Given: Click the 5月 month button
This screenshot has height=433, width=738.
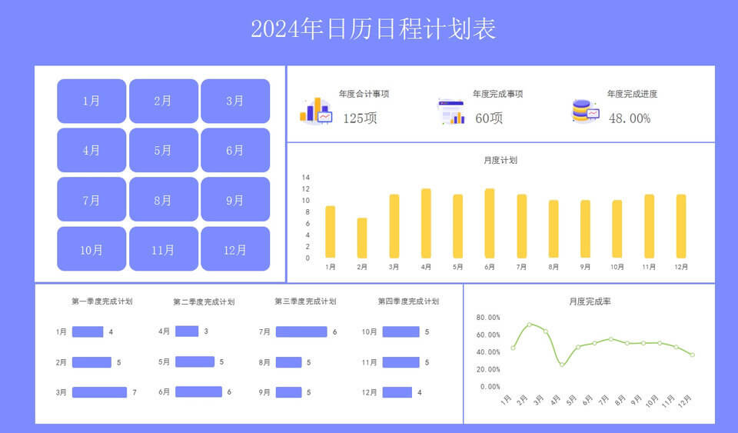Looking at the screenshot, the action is (x=163, y=150).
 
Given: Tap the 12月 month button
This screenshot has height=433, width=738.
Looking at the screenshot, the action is (x=235, y=249).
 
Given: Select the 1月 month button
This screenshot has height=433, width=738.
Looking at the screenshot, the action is (x=91, y=101).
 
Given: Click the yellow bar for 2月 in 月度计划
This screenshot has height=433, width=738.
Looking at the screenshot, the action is (x=362, y=238).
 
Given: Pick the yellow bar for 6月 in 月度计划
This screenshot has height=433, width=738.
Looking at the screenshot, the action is (x=490, y=223).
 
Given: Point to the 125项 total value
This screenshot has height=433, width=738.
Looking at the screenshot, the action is (x=360, y=118).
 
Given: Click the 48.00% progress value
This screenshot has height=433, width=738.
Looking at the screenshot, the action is (x=630, y=118).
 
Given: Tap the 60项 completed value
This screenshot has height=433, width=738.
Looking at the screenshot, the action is (x=489, y=118).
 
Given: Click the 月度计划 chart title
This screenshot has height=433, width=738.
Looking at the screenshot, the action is (x=500, y=161).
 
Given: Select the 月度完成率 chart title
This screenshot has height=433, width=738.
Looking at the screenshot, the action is (x=590, y=301).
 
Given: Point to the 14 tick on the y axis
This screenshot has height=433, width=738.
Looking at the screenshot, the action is (x=306, y=178).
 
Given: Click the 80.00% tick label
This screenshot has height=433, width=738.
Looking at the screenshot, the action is (x=488, y=318).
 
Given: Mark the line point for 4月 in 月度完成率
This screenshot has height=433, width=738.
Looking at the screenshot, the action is (x=561, y=365).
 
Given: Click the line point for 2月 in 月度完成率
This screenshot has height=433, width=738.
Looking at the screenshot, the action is (x=530, y=325).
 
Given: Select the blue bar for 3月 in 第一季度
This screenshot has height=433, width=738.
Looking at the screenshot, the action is (x=99, y=392).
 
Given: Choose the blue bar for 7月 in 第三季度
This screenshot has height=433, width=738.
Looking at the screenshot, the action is (x=301, y=331).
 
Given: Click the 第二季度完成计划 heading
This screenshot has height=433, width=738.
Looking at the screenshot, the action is (x=204, y=301).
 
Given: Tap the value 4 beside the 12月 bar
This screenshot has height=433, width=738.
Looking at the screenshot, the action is (x=420, y=392).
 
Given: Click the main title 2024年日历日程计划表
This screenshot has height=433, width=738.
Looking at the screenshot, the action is (x=374, y=28).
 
